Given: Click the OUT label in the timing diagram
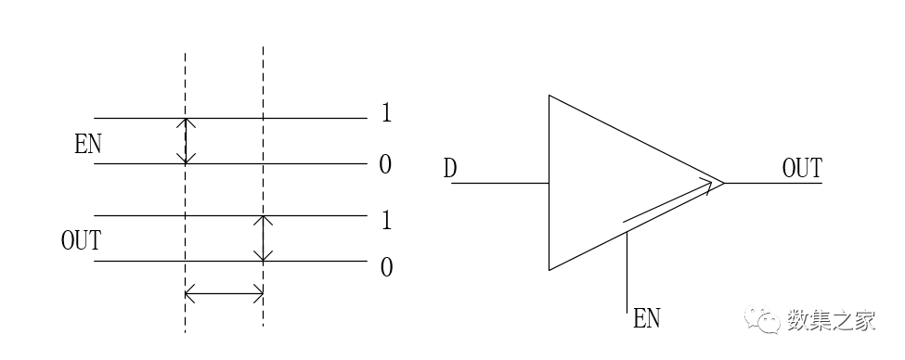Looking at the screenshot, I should click(x=81, y=241).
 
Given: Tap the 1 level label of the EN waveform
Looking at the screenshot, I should click(x=386, y=114).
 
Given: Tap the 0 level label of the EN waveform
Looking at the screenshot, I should click(x=386, y=165).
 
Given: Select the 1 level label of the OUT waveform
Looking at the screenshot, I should click(x=386, y=221).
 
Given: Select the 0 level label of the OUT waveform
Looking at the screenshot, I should click(x=386, y=268).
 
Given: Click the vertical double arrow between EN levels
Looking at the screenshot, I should click(x=186, y=141).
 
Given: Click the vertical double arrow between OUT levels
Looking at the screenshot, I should click(x=264, y=238).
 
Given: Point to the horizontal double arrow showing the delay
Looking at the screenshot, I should click(x=225, y=295).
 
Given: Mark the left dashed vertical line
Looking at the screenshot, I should click(x=186, y=74).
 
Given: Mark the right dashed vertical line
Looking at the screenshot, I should click(x=264, y=74).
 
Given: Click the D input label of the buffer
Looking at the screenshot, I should click(x=450, y=169).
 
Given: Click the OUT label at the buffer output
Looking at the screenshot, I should click(x=802, y=169).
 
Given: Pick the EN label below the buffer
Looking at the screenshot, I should click(x=646, y=319).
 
